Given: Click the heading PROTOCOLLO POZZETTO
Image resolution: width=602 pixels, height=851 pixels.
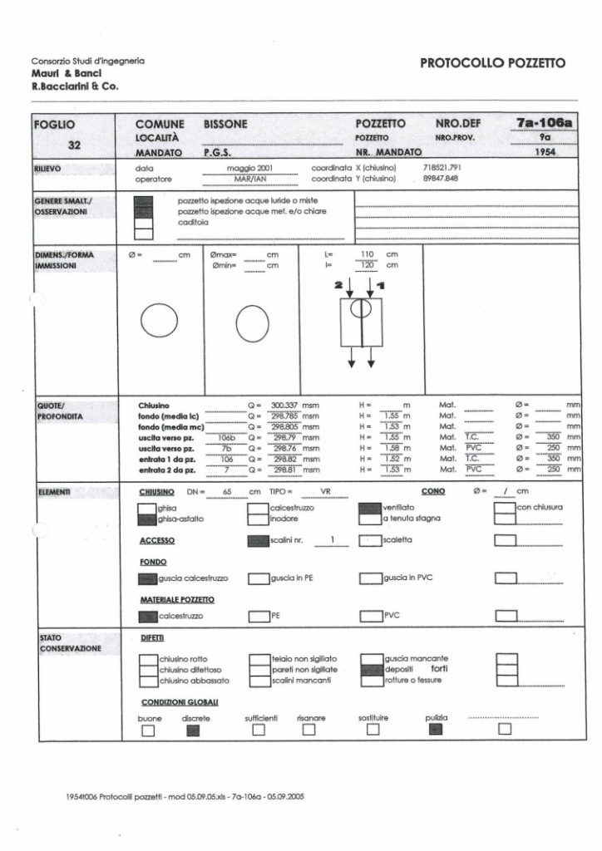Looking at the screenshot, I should (492, 63).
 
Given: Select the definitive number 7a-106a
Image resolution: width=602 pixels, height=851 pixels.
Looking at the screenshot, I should (545, 123).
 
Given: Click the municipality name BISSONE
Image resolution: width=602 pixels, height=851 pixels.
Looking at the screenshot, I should (225, 124).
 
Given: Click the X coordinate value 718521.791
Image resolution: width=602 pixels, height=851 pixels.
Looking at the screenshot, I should (442, 168).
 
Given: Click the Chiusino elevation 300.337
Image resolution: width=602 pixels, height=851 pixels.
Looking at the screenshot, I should (285, 405).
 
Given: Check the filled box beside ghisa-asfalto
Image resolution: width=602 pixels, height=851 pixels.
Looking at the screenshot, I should (146, 519).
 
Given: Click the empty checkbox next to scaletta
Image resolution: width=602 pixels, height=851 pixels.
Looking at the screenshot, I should (368, 540).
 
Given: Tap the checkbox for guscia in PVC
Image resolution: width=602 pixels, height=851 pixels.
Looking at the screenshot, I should (369, 577).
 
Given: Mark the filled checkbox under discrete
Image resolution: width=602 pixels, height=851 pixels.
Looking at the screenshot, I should (194, 730).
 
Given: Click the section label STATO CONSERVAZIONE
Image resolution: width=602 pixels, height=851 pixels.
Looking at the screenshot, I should (71, 642).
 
